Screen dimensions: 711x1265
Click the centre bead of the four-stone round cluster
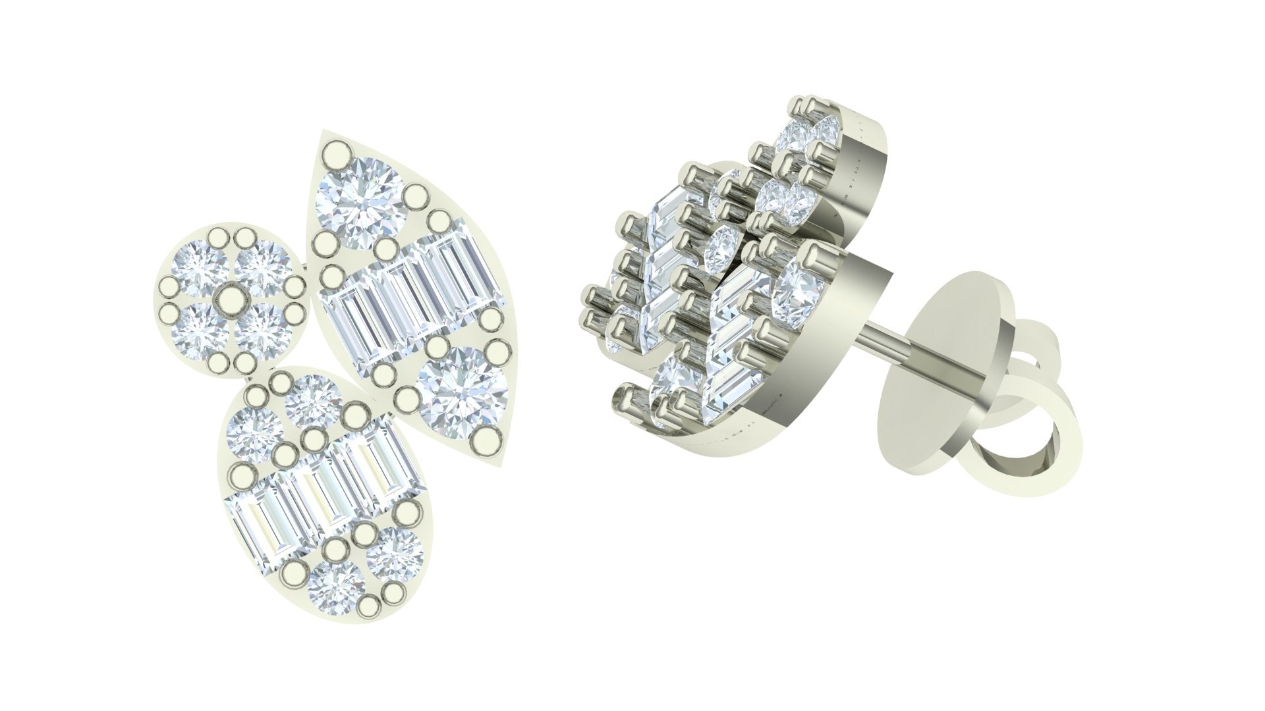click(230, 298)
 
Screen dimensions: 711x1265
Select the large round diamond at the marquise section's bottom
click(462, 393)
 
